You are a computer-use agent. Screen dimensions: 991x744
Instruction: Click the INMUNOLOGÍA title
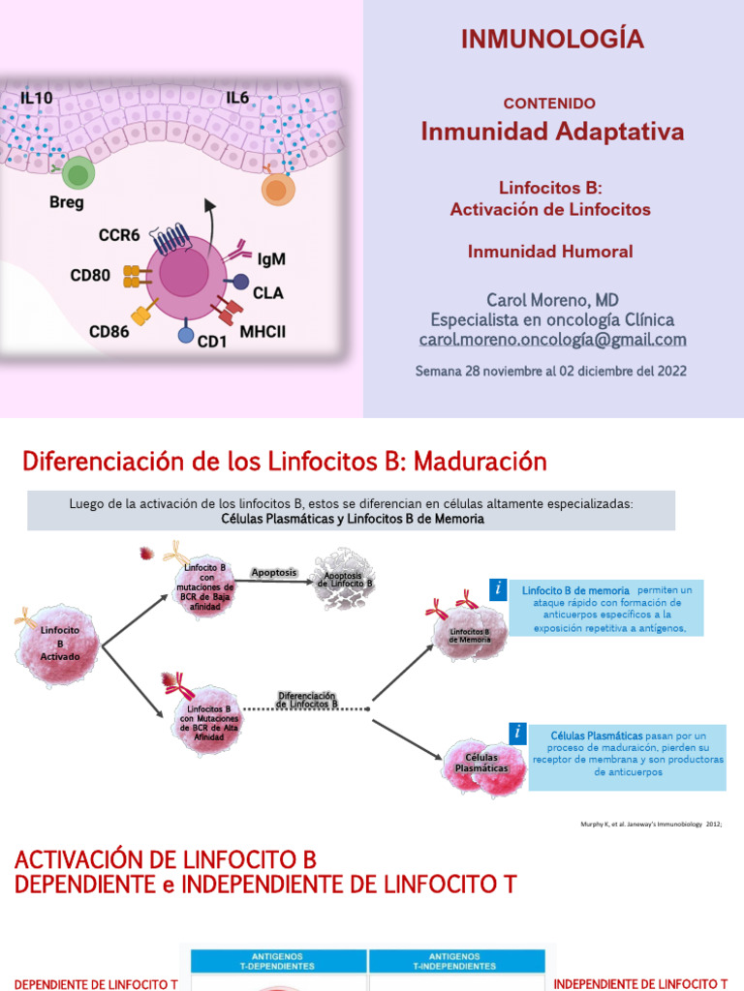pos(552,39)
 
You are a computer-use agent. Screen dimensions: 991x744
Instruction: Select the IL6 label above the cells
pos(239,98)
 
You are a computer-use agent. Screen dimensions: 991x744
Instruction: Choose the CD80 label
pos(90,276)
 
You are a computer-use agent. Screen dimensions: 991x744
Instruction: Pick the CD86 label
pos(109,332)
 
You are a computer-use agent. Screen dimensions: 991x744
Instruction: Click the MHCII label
pos(263,332)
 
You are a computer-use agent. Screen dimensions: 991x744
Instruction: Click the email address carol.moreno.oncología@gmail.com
pos(552,340)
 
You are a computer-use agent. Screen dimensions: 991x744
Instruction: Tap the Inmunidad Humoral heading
pos(550,252)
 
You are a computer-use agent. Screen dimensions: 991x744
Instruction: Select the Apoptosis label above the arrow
pos(274,572)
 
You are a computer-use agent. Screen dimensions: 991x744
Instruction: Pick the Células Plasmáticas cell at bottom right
pos(481,763)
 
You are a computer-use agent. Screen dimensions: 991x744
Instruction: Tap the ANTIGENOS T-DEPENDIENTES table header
pos(279,960)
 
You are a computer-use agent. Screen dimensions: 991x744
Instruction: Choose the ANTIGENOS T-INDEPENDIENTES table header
pos(461,960)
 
